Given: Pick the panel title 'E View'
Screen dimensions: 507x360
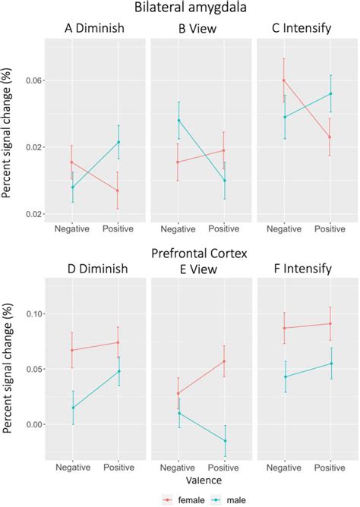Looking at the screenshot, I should [200, 269].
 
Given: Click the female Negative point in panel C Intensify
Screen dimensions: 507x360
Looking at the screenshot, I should [284, 80].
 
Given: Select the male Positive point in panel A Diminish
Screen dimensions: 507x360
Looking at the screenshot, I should [118, 143].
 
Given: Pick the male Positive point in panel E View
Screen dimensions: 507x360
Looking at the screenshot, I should [224, 441].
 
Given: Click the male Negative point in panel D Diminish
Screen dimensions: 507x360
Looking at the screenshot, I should [72, 408].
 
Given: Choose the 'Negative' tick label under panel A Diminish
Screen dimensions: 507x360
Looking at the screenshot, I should [72, 228].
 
